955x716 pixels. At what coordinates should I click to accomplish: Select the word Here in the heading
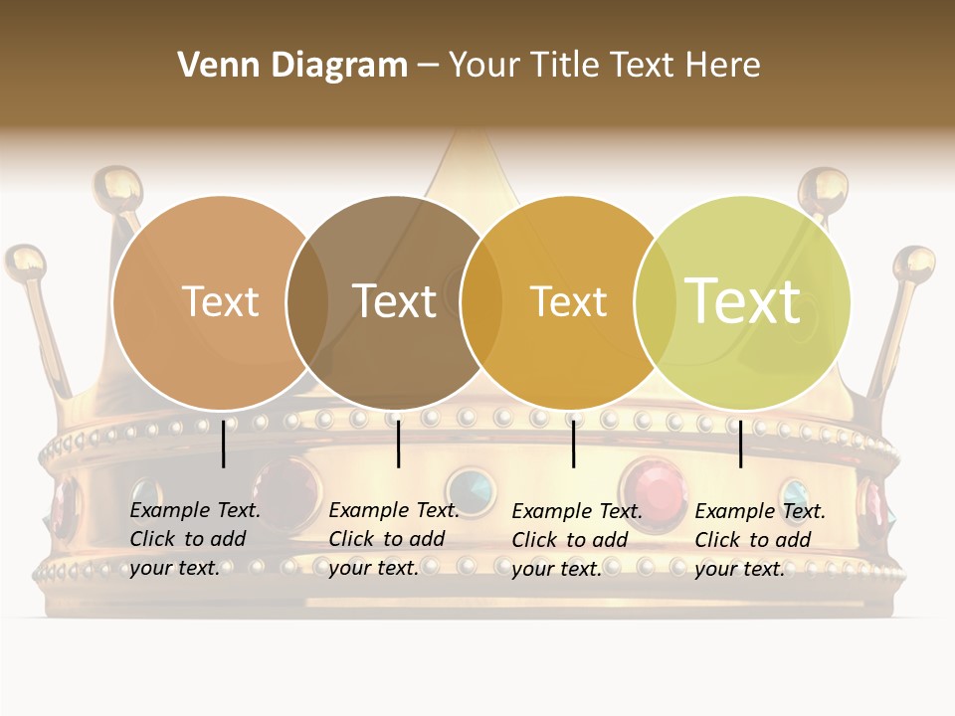[x=727, y=66]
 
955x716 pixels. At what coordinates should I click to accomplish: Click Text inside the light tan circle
[x=220, y=301]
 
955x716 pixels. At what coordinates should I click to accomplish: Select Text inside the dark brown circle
[x=395, y=301]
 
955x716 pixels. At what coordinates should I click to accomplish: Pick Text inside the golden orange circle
[x=568, y=301]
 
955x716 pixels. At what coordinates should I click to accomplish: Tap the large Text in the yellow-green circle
[x=743, y=300]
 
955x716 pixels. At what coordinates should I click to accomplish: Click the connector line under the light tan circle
[x=224, y=444]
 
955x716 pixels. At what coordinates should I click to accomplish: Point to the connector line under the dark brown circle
[x=398, y=444]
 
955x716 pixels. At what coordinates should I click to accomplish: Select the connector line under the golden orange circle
[x=574, y=444]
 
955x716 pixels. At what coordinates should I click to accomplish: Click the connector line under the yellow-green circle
[x=741, y=444]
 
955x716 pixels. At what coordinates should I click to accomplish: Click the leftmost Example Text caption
[x=194, y=539]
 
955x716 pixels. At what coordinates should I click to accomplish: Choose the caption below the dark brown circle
[x=393, y=539]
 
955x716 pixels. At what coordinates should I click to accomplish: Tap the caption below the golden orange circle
[x=576, y=540]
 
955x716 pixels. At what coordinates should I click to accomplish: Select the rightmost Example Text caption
[x=759, y=540]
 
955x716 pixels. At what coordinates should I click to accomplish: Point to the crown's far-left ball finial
[x=25, y=265]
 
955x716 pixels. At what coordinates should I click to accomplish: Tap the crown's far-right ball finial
[x=913, y=265]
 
